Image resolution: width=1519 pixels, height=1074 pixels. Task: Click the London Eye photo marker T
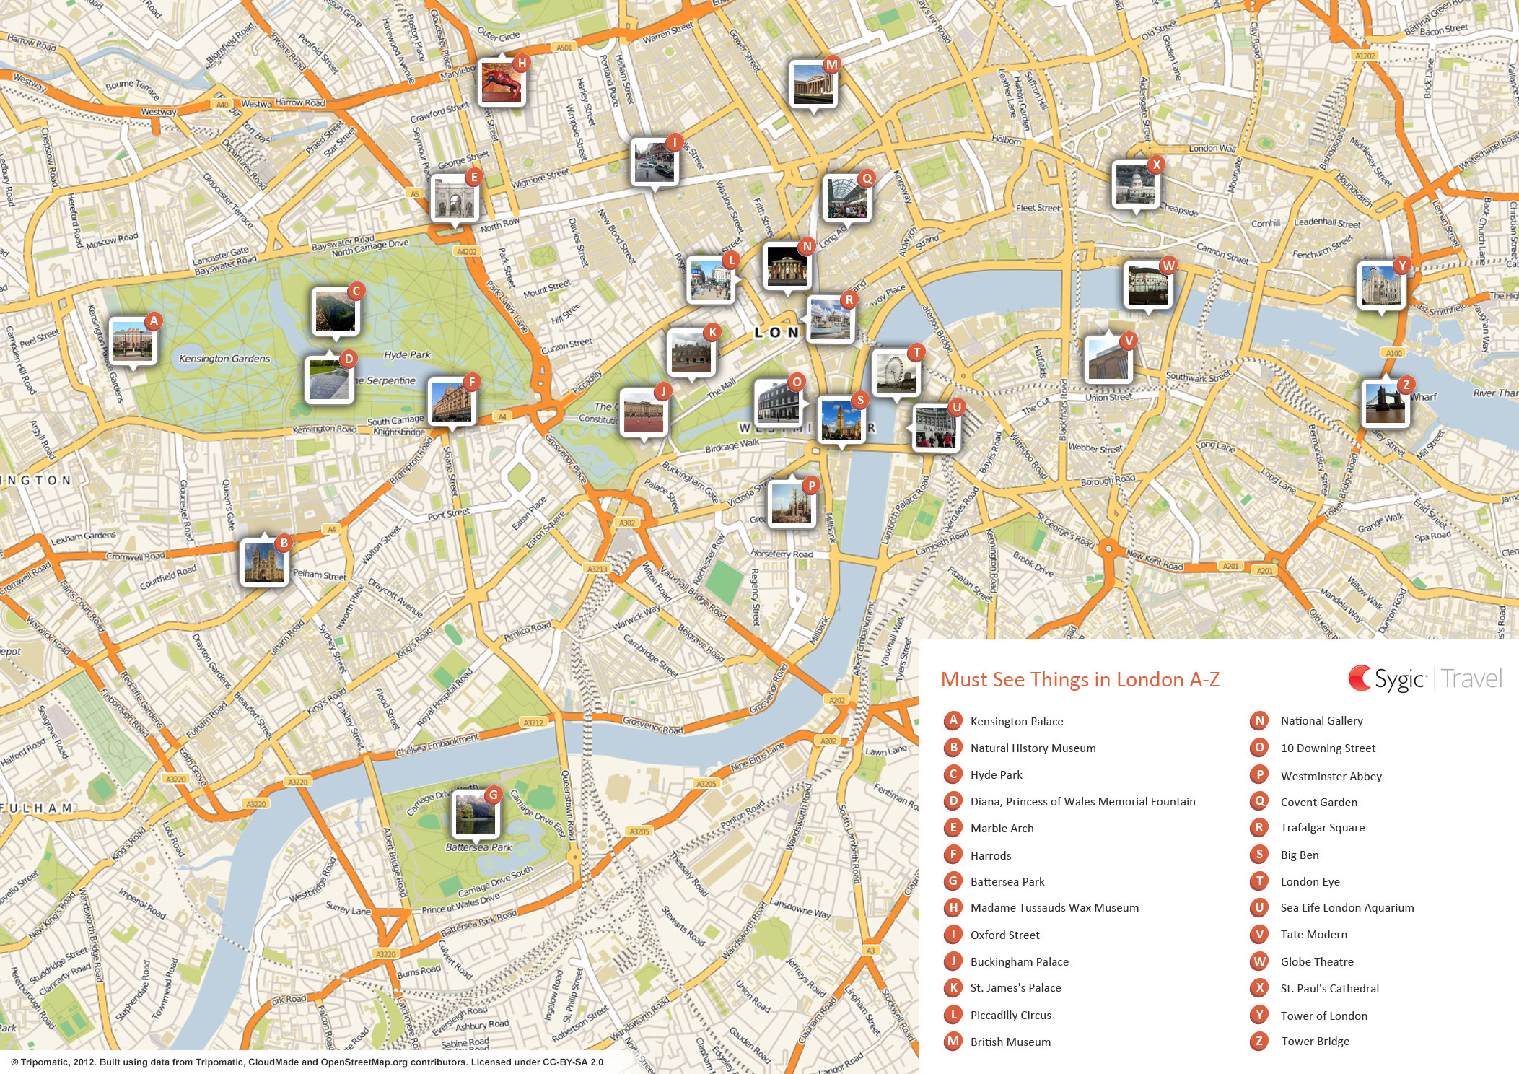tap(896, 372)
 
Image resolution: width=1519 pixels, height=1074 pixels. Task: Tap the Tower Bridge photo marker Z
tap(1385, 403)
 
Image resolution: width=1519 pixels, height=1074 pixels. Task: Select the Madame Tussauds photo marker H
tap(502, 83)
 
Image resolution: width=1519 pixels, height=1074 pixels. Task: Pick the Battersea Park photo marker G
tap(474, 814)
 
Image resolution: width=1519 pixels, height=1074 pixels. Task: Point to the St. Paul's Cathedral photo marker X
tap(1135, 185)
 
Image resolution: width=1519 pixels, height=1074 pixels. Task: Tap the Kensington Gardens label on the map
tap(224, 359)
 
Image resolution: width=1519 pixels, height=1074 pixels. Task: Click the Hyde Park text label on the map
tap(407, 354)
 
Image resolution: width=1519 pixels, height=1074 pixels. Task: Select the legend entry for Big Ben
tap(1299, 855)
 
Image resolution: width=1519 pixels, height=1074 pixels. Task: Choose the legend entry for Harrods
tap(990, 855)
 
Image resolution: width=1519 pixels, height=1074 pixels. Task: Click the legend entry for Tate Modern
tap(1313, 934)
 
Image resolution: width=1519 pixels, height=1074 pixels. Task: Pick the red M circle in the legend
tap(953, 1041)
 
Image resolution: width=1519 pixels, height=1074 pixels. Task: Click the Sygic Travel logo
tap(1424, 678)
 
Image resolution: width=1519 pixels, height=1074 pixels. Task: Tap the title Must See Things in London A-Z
tap(1080, 679)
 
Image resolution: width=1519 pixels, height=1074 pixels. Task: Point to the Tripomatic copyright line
tap(307, 1062)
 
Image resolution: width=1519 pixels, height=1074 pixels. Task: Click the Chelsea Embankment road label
tap(437, 745)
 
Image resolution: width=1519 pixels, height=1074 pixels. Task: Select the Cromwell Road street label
tap(135, 556)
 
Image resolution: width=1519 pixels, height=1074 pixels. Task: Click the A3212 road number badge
tap(533, 722)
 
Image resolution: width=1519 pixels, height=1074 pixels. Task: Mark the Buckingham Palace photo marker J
tap(643, 412)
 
